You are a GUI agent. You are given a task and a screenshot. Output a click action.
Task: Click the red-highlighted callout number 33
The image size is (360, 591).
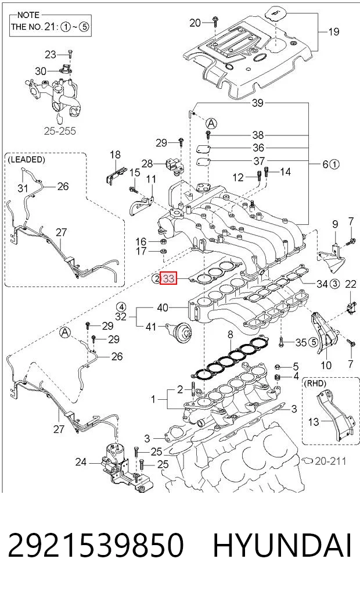pos(168,278)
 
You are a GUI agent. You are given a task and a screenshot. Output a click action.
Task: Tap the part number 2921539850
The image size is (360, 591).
pos(96,545)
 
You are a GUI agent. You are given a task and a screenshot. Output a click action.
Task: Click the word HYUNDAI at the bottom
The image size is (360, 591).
pos(282,545)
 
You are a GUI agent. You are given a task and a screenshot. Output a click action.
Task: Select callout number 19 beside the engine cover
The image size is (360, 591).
pos(334,31)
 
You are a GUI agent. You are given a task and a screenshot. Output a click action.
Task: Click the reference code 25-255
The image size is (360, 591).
pos(60,131)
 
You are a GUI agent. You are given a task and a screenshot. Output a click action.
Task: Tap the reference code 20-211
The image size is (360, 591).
pos(330,461)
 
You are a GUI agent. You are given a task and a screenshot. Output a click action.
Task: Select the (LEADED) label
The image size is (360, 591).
pos(26,159)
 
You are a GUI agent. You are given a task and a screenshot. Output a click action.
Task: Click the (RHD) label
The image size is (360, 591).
pos(315,384)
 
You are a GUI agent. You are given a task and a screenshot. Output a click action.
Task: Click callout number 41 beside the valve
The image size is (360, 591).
pos(150,326)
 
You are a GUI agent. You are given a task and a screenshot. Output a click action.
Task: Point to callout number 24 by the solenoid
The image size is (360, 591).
pos(81,462)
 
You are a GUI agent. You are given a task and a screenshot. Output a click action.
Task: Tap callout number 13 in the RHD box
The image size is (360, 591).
pos(314,422)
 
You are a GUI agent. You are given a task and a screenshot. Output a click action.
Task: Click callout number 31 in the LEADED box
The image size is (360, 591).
pos(23,187)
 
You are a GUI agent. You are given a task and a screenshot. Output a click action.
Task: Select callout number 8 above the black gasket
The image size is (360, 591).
pos(231,335)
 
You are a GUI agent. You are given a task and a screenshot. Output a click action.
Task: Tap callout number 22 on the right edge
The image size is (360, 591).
pos(350,284)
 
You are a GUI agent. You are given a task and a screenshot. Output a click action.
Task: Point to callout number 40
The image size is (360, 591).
pos(163,307)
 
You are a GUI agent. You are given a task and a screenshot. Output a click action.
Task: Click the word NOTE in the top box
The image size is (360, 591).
pos(28,15)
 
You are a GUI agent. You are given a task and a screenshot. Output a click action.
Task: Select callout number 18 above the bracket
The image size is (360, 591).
pos(115,155)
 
